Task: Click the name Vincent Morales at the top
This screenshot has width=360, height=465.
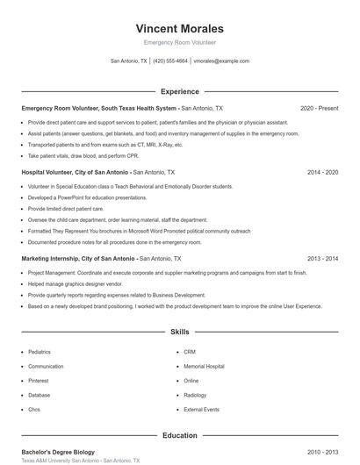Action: click(180, 28)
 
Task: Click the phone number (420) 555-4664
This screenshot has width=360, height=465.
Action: click(170, 61)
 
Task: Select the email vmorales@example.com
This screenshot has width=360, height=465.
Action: click(221, 61)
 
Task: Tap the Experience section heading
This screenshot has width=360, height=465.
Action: click(180, 91)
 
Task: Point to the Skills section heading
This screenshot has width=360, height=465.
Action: click(180, 333)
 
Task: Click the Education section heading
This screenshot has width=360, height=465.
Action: click(180, 435)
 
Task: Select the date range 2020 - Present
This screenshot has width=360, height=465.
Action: click(319, 108)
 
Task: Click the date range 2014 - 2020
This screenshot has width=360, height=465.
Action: click(322, 173)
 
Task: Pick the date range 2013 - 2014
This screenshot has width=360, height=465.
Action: click(322, 259)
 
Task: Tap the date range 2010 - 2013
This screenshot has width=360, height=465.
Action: click(322, 452)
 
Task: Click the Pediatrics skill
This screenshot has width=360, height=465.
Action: click(40, 352)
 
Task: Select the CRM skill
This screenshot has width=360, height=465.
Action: click(190, 352)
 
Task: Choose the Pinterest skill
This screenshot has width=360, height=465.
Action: click(39, 381)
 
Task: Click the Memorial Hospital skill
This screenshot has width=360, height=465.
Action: click(204, 366)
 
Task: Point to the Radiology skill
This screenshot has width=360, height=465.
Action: click(195, 395)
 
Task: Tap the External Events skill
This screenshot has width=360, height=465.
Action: click(201, 410)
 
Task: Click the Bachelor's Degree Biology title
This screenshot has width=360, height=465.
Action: click(57, 452)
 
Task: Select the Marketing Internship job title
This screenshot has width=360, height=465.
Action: click(78, 259)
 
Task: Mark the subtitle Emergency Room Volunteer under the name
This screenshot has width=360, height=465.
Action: click(180, 42)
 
